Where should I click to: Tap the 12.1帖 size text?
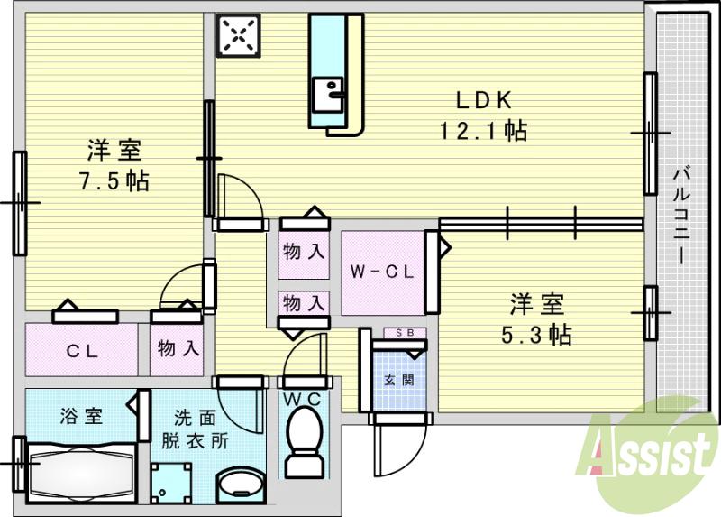482,132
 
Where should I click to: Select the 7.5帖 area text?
114,180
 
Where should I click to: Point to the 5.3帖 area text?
535,335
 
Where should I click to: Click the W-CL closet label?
381,272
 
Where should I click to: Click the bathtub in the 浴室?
81,470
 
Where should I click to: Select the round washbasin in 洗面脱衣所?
239,484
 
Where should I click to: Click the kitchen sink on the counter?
328,93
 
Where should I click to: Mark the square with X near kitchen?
238,35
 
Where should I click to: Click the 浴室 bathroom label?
81,416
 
